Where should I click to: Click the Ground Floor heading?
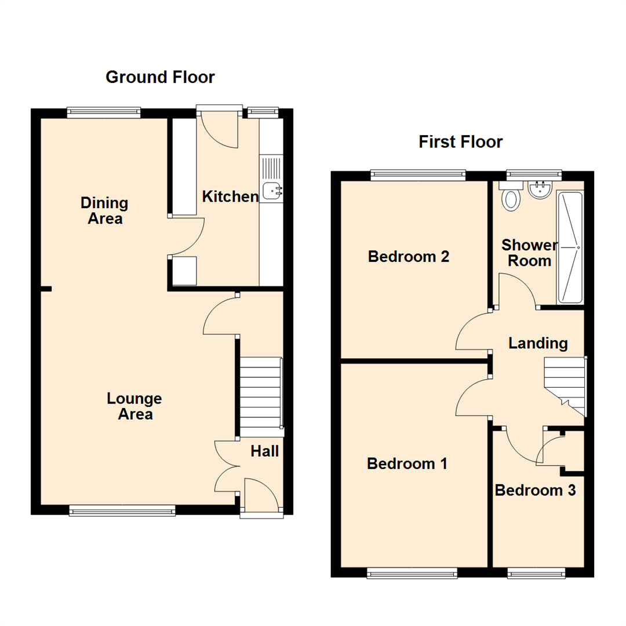click(160, 77)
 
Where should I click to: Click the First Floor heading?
click(461, 142)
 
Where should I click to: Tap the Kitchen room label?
click(230, 196)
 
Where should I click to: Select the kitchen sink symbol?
click(271, 190)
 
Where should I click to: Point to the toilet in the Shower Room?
click(511, 198)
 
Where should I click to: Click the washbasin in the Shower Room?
click(540, 190)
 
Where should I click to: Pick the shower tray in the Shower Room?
click(569, 248)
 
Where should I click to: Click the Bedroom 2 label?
click(409, 256)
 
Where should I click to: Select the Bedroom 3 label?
click(535, 491)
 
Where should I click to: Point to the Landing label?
click(538, 343)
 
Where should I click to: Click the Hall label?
click(265, 451)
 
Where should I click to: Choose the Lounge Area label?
click(134, 406)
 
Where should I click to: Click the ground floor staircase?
click(260, 396)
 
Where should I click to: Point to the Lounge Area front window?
click(122, 510)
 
